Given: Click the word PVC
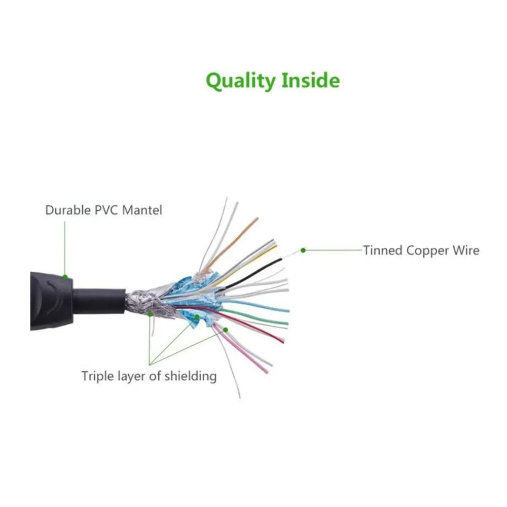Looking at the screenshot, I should [x=107, y=210].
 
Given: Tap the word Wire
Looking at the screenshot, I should [x=466, y=250].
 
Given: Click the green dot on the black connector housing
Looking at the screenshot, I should [x=65, y=276].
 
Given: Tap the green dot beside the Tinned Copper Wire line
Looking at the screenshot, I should [x=303, y=250].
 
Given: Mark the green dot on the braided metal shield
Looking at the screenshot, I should [x=150, y=314].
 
